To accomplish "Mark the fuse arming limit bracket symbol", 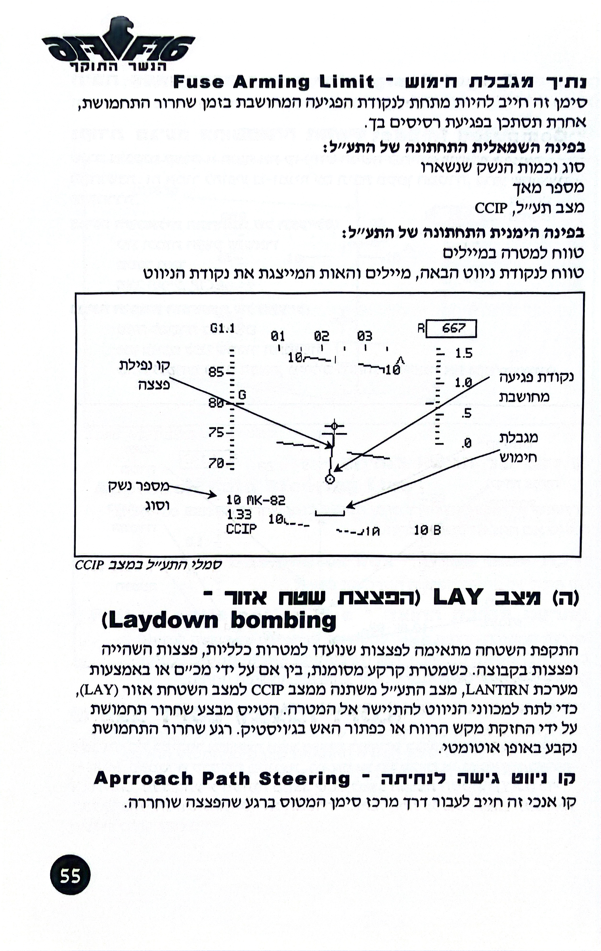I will point(330,514).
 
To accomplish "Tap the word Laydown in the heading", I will point(162,621).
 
